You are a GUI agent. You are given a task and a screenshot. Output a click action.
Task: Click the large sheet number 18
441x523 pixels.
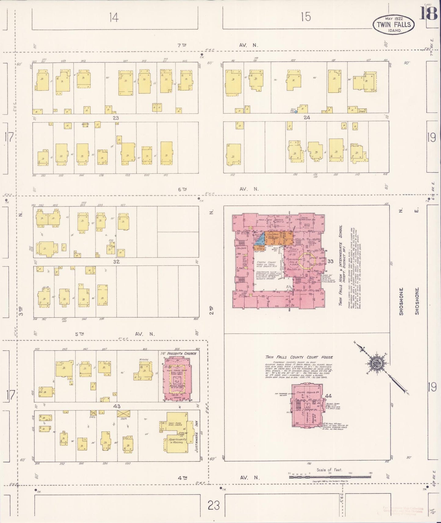428,13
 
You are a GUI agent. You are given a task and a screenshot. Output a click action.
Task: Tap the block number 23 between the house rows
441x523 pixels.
115,117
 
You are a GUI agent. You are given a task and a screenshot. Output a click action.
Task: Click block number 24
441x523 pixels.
306,117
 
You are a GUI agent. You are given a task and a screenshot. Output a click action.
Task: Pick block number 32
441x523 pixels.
116,261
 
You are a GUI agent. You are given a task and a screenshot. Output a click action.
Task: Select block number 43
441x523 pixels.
117,406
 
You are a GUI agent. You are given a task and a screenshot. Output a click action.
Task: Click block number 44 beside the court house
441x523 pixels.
328,395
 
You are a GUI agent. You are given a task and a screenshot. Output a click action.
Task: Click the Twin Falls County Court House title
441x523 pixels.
299,357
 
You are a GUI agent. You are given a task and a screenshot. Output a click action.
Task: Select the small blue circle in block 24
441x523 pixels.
296,112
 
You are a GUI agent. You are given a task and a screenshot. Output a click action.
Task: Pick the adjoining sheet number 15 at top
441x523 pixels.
305,17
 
